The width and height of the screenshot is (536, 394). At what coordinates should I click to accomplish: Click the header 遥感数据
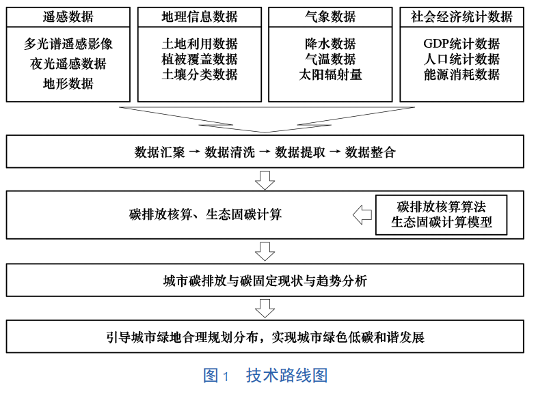[x=68, y=16]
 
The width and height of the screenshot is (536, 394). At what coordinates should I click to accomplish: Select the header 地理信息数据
[x=200, y=16]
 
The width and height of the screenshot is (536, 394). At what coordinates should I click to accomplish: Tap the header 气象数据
[x=330, y=16]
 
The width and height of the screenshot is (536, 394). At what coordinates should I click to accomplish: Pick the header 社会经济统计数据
[x=461, y=16]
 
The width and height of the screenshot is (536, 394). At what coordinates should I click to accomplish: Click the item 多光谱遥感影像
[x=68, y=44]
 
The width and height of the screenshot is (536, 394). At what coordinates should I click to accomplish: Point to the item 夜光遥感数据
[x=68, y=64]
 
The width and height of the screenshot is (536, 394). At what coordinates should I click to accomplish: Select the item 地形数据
[x=68, y=83]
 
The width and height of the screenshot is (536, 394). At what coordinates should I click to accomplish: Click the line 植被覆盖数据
[x=200, y=59]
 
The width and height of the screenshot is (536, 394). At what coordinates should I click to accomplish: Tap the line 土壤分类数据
[x=200, y=74]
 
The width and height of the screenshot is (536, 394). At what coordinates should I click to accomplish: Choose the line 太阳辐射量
[x=330, y=74]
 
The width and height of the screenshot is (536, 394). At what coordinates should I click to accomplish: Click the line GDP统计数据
[x=461, y=44]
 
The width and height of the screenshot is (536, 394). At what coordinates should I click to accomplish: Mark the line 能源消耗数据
[x=461, y=74]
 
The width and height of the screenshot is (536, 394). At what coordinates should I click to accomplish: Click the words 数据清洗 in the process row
[x=230, y=152]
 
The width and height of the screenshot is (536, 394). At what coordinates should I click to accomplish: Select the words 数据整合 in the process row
[x=371, y=152]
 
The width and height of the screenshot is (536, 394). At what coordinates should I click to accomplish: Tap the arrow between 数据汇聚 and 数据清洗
[x=194, y=152]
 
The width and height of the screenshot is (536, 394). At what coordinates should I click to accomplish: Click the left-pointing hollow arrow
[x=362, y=214]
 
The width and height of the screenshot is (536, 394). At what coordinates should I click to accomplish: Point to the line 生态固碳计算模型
[x=442, y=223]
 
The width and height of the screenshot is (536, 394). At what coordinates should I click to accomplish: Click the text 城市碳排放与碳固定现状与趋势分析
[x=265, y=281]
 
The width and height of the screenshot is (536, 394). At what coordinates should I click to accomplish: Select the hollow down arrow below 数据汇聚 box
[x=265, y=180]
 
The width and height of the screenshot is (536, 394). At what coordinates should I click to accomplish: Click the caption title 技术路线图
[x=287, y=376]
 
